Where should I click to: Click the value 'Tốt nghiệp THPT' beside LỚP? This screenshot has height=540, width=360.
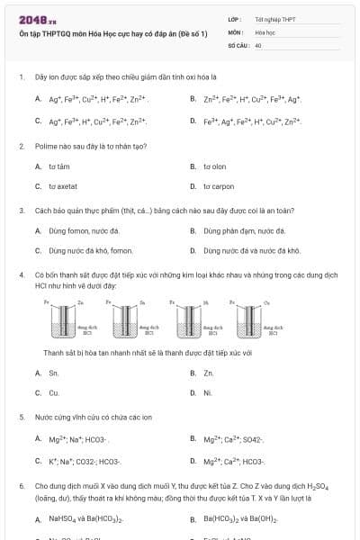point(274,18)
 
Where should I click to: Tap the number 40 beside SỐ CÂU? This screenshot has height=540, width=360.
point(258,44)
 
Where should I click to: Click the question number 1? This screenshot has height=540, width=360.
point(21,77)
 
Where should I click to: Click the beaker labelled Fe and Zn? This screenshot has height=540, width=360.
point(64,323)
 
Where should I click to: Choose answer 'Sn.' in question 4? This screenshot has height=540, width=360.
point(54,373)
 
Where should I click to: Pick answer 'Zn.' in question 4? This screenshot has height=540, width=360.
point(209,373)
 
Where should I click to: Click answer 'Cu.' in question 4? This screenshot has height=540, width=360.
point(54,393)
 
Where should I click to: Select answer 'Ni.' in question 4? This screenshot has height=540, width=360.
point(208,393)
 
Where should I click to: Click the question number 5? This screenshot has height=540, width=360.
point(21,418)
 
